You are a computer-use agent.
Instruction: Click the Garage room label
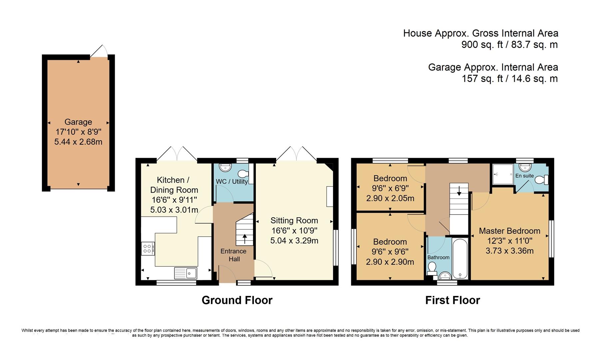(78, 122)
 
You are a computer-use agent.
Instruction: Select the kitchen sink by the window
(186, 273)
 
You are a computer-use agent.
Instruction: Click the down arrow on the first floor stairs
(459, 191)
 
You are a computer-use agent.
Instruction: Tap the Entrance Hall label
(233, 255)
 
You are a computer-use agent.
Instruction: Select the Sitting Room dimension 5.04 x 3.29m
(294, 240)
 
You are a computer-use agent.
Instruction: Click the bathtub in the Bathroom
(460, 259)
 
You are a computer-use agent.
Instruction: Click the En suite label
(524, 176)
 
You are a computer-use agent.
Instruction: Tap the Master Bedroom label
(509, 231)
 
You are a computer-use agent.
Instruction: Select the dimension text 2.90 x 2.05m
(390, 198)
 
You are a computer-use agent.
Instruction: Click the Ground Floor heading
(237, 300)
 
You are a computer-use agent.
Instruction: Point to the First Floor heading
(452, 300)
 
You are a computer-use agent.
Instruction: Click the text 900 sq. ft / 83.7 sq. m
(509, 44)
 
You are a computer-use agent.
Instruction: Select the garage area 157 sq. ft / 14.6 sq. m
(509, 79)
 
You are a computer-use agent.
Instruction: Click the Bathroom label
(438, 257)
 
